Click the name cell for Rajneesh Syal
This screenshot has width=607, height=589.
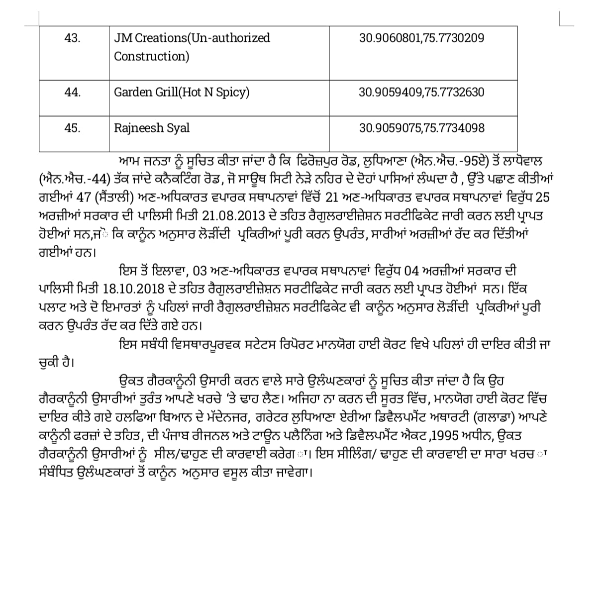coord(152,128)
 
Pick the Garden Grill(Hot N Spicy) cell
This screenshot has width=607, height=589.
coord(182,92)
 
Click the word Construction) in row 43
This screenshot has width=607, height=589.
coord(152,56)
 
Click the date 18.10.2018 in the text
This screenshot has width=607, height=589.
coord(131,289)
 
